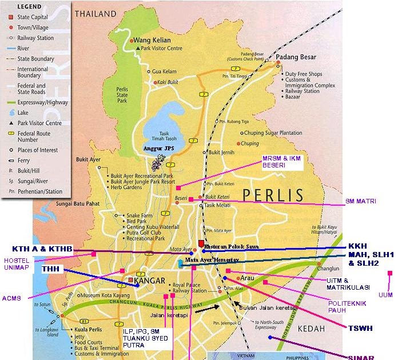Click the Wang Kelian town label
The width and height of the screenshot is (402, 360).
point(152,41)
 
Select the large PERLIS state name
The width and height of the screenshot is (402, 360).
point(272,195)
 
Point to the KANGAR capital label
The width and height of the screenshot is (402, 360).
point(149,281)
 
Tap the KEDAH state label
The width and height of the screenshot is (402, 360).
point(310,329)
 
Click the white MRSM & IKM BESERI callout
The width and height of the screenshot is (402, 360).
point(281,162)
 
